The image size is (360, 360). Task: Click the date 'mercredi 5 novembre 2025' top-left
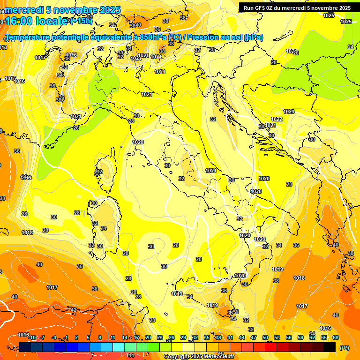pos(63,10)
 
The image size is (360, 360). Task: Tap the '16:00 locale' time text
pos(35,21)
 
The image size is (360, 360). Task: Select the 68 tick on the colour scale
pos(336,337)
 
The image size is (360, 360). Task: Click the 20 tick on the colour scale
pos(148,337)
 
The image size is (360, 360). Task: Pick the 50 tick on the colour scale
pos(265,337)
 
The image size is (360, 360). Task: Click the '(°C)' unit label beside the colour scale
pos(344,348)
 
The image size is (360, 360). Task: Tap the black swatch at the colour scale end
pos(330,347)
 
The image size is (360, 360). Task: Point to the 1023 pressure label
pos(289,112)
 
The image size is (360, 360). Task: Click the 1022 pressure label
pos(277,119)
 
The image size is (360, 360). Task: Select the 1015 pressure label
pos(10,78)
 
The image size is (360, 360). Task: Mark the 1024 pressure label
pos(135,58)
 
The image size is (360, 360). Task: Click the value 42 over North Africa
pos(74,310)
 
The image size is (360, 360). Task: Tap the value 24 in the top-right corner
pos(350,47)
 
